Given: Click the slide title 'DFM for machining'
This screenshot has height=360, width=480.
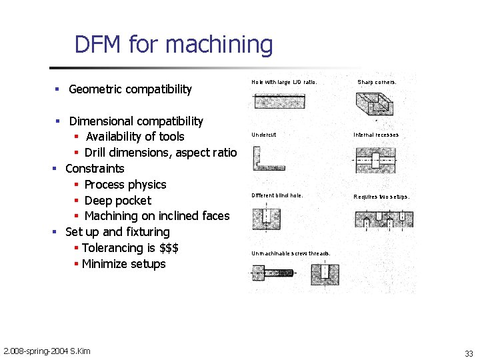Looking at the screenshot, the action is pos(173,45).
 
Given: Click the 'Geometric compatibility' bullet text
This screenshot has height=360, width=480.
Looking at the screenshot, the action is pos(130,89).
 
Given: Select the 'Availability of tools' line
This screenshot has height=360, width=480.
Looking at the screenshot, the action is pos(135,137).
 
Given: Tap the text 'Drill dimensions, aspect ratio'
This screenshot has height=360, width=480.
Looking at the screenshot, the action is pos(160,153).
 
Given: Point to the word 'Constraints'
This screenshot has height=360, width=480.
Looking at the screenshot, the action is pos(95,169).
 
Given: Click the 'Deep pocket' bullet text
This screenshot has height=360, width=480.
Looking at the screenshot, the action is pos(117,201).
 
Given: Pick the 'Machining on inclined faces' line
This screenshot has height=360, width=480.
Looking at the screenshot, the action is pos(157,216).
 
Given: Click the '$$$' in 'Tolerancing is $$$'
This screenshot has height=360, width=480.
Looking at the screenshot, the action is pos(169,248).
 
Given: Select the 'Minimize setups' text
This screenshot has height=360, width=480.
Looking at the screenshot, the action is pos(123,264).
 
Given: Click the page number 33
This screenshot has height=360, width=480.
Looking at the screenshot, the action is pos(469,353).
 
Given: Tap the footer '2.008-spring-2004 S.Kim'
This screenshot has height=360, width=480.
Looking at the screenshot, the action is pos(47,351).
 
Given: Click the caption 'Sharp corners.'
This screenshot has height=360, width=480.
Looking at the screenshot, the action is pos(377,82).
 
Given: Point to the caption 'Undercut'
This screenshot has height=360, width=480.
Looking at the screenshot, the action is pos(263,135).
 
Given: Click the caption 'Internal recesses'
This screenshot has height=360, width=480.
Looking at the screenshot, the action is pos(376,135).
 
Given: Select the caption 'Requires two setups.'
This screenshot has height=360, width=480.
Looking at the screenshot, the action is pos(381,197).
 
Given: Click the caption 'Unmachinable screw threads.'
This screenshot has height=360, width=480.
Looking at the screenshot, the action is pos(291,253).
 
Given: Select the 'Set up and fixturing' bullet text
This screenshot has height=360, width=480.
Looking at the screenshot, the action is pos(117,232).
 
